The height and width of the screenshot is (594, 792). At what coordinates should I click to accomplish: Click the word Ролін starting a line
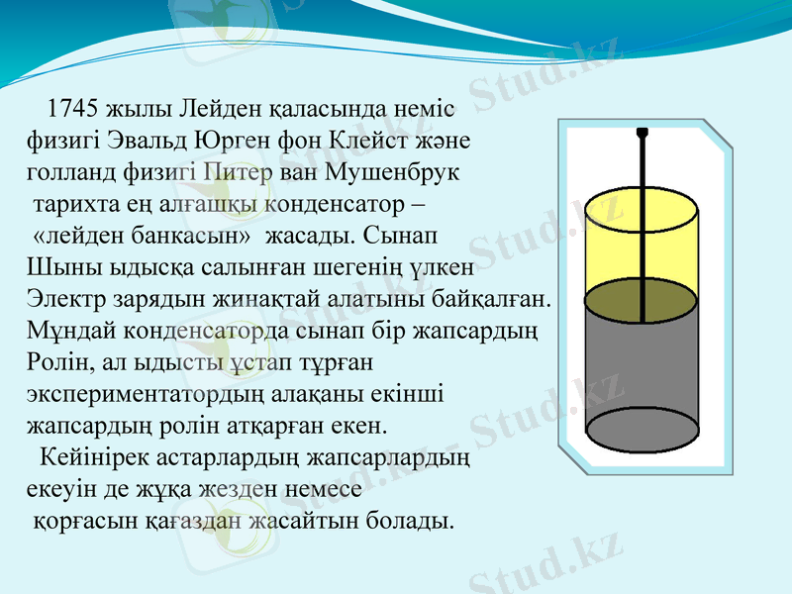56,363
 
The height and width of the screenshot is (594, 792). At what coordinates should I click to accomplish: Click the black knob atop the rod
642,132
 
